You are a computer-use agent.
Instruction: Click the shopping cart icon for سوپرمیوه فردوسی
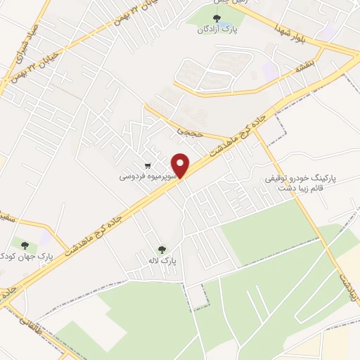[148, 166]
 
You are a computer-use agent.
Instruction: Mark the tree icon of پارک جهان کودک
[25, 245]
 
